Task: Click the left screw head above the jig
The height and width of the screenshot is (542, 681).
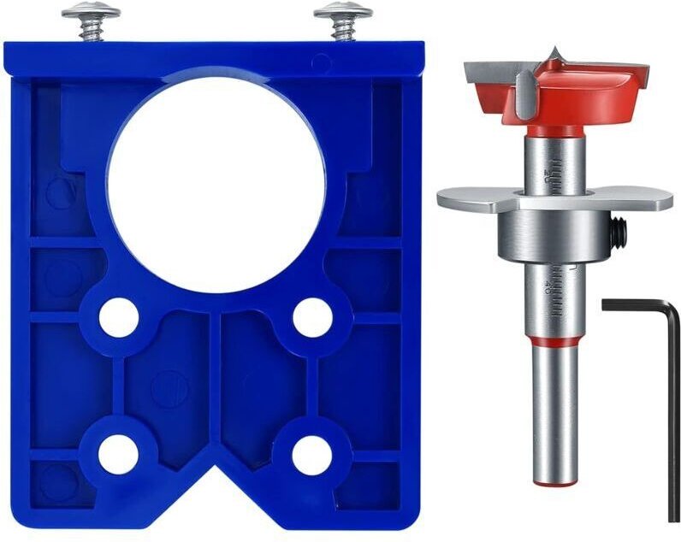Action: click(91, 13)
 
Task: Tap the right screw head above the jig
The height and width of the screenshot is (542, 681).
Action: click(343, 13)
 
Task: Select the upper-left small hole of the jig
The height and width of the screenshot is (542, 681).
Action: click(119, 317)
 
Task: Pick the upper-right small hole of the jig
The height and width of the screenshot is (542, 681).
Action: click(312, 317)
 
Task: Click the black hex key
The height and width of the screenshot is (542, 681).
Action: click(672, 410)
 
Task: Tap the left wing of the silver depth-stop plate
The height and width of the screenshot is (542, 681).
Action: click(466, 198)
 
